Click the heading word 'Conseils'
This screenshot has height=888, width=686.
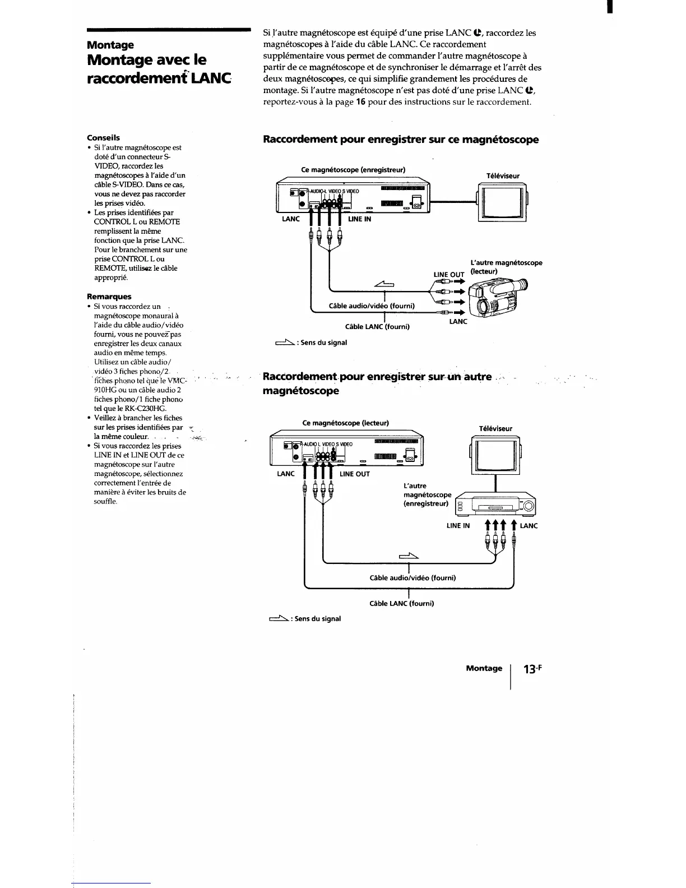tap(103, 137)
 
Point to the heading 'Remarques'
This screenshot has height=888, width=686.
tap(109, 297)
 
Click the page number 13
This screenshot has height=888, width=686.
tap(530, 669)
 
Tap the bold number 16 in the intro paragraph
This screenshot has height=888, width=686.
tap(361, 102)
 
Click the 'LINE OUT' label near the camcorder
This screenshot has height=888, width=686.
tap(449, 275)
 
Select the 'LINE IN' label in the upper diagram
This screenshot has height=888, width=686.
tap(359, 219)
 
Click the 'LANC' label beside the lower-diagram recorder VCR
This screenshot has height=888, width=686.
tap(529, 526)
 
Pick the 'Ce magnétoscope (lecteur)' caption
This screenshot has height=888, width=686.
tap(345, 423)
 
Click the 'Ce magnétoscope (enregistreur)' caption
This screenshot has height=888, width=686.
tap(353, 170)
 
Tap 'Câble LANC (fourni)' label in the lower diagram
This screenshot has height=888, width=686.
tap(401, 603)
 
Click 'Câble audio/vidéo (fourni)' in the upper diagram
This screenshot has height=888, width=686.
tap(371, 306)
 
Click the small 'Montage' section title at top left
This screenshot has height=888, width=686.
tap(110, 45)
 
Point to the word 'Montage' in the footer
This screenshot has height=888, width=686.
tap(484, 668)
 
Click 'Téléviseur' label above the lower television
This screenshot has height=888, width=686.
tap(495, 428)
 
